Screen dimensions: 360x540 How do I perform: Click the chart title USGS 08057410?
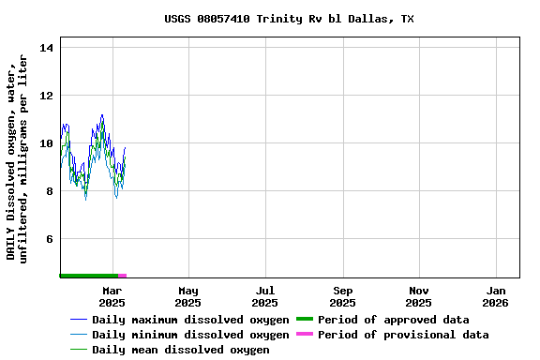(x=289, y=19)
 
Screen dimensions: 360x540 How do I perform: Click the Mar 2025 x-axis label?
(x=112, y=297)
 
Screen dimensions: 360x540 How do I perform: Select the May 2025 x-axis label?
(x=188, y=297)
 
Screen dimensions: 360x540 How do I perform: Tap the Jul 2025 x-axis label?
(x=265, y=297)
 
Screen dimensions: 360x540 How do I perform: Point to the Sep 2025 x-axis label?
(x=342, y=297)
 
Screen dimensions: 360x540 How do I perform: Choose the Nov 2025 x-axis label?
(x=419, y=297)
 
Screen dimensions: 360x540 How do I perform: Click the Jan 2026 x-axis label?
(x=496, y=297)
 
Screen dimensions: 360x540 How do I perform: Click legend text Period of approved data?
(x=393, y=320)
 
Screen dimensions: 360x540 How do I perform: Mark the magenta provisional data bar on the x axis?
(x=122, y=276)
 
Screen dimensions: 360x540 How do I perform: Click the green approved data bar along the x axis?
(x=88, y=276)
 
